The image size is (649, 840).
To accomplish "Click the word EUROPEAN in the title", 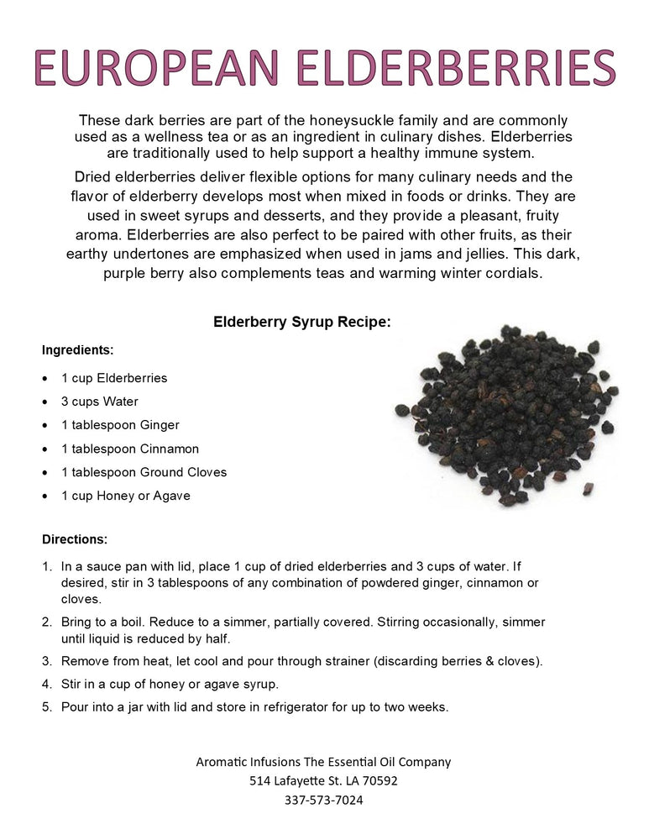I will coord(159,67).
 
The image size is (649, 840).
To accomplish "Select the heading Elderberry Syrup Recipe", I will coord(302,322).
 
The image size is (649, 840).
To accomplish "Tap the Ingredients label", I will coord(77,349).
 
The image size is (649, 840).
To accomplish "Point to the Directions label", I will coord(75,539).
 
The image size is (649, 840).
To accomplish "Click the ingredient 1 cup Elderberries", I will coord(114,378).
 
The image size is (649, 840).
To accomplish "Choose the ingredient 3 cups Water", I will coord(100,402).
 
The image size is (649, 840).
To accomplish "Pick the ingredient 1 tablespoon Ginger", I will coord(120,425).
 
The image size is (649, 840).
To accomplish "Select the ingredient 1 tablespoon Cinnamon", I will coord(130,449).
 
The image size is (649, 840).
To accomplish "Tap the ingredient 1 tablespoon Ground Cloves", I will coord(144,472).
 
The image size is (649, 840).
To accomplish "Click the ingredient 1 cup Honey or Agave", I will coord(126,496).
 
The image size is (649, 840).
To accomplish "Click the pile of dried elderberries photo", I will coord(506,416).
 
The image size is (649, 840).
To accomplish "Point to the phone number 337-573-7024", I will coord(323,800).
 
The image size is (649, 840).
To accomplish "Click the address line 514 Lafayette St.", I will coord(323,780).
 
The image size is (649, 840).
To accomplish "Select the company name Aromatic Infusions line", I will coord(323,762).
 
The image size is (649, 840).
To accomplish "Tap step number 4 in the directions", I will coord(48,684).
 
